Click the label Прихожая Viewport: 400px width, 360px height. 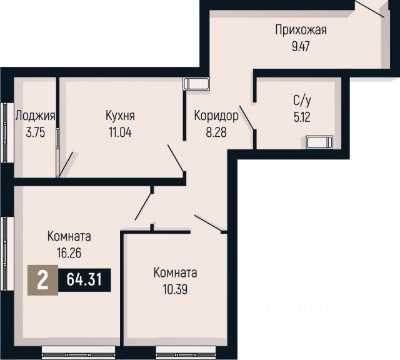pos(301,30)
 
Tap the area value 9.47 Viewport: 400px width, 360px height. pos(301,47)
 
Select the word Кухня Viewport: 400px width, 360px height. pos(120,116)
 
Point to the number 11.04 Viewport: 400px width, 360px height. pos(120,132)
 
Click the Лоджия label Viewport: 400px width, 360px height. pos(35,116)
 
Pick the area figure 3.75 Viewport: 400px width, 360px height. pos(36,132)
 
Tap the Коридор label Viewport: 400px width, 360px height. pos(216,116)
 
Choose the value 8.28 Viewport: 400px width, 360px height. pos(216,132)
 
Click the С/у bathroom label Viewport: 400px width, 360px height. pos(302,101)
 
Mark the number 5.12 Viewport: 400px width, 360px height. pos(302,117)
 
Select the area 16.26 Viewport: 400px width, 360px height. pos(69,253)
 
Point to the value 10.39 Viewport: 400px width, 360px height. pos(175,289)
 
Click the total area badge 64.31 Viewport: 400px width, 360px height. pos(84,279)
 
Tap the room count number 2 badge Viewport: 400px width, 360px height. pos(42,280)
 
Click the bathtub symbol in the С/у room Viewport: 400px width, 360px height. pos(319,142)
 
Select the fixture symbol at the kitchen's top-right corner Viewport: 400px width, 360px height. pos(196,84)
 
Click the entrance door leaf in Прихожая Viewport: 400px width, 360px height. pos(369,8)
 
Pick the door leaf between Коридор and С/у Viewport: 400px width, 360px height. pos(246,117)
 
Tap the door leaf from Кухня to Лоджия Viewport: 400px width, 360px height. pos(66,164)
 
